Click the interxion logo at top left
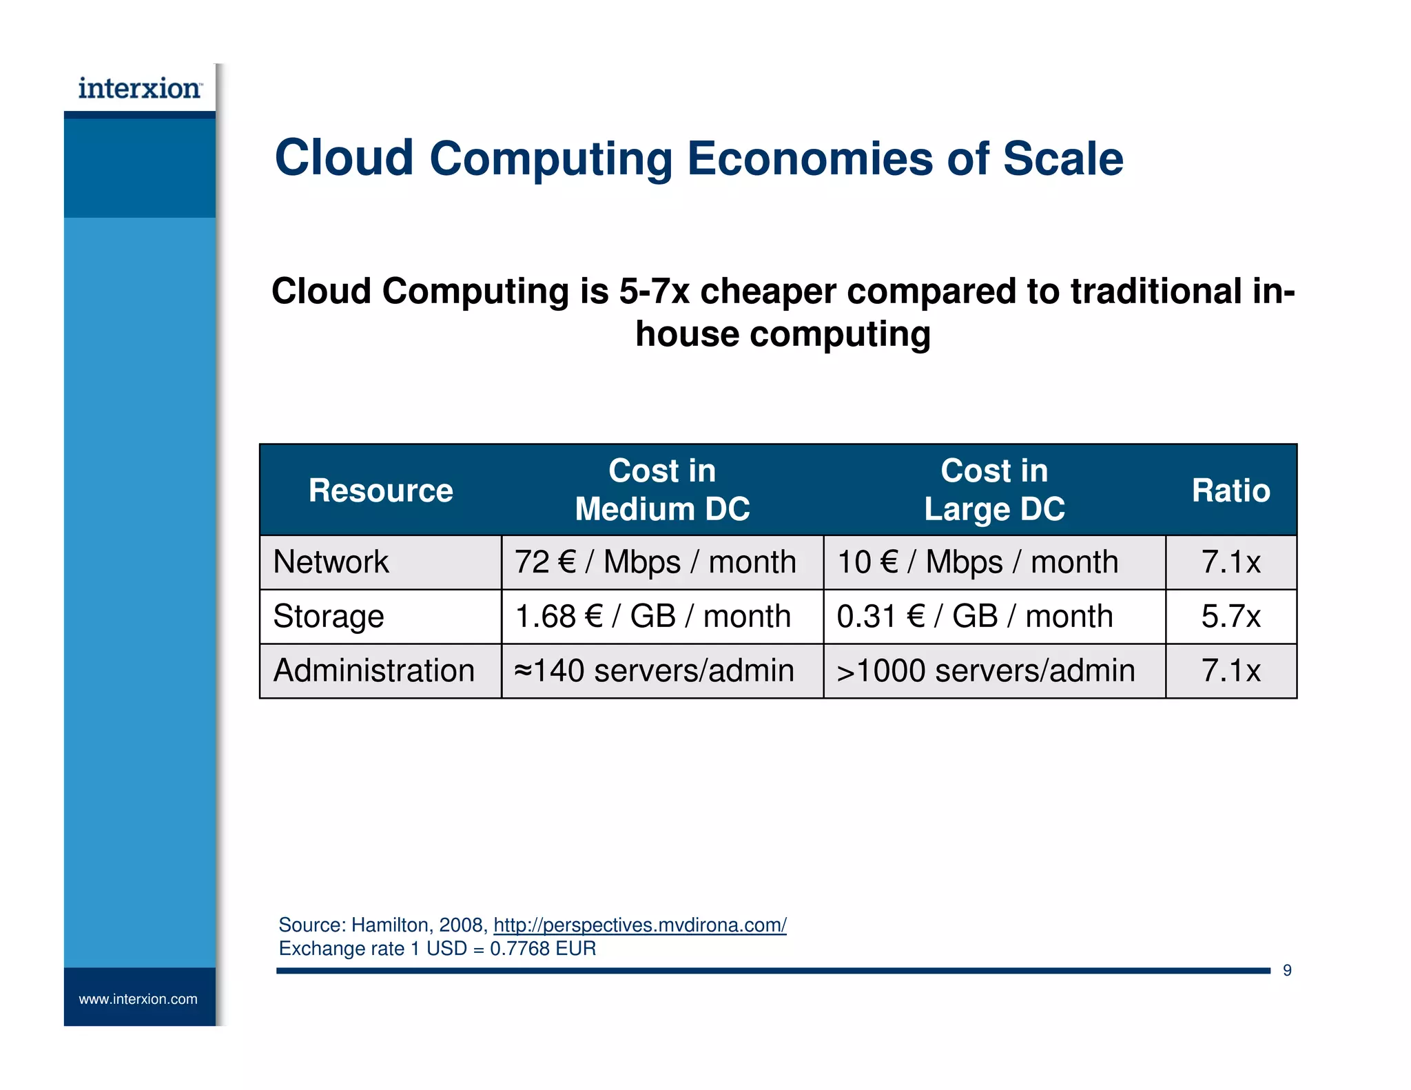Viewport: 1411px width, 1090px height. click(140, 89)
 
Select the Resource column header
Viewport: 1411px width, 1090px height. click(380, 491)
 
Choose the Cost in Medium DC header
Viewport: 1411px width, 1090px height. click(662, 490)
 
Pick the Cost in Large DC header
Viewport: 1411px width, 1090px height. click(994, 490)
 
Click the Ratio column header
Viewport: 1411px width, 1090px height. click(1230, 491)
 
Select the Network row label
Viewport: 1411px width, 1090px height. click(331, 562)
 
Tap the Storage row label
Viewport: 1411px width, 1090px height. click(328, 617)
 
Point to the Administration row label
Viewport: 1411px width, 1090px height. click(374, 671)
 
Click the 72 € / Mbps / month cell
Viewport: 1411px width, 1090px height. click(655, 562)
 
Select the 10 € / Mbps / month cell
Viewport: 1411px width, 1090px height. click(977, 562)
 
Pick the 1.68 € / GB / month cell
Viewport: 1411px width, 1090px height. click(652, 617)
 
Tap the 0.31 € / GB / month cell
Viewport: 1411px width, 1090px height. click(974, 617)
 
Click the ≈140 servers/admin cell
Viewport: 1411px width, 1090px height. click(654, 671)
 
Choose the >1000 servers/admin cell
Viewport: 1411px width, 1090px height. click(985, 671)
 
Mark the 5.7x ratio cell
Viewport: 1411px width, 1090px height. click(1230, 617)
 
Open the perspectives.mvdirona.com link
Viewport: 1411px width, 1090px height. click(639, 925)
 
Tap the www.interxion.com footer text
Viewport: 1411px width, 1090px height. click(138, 999)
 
